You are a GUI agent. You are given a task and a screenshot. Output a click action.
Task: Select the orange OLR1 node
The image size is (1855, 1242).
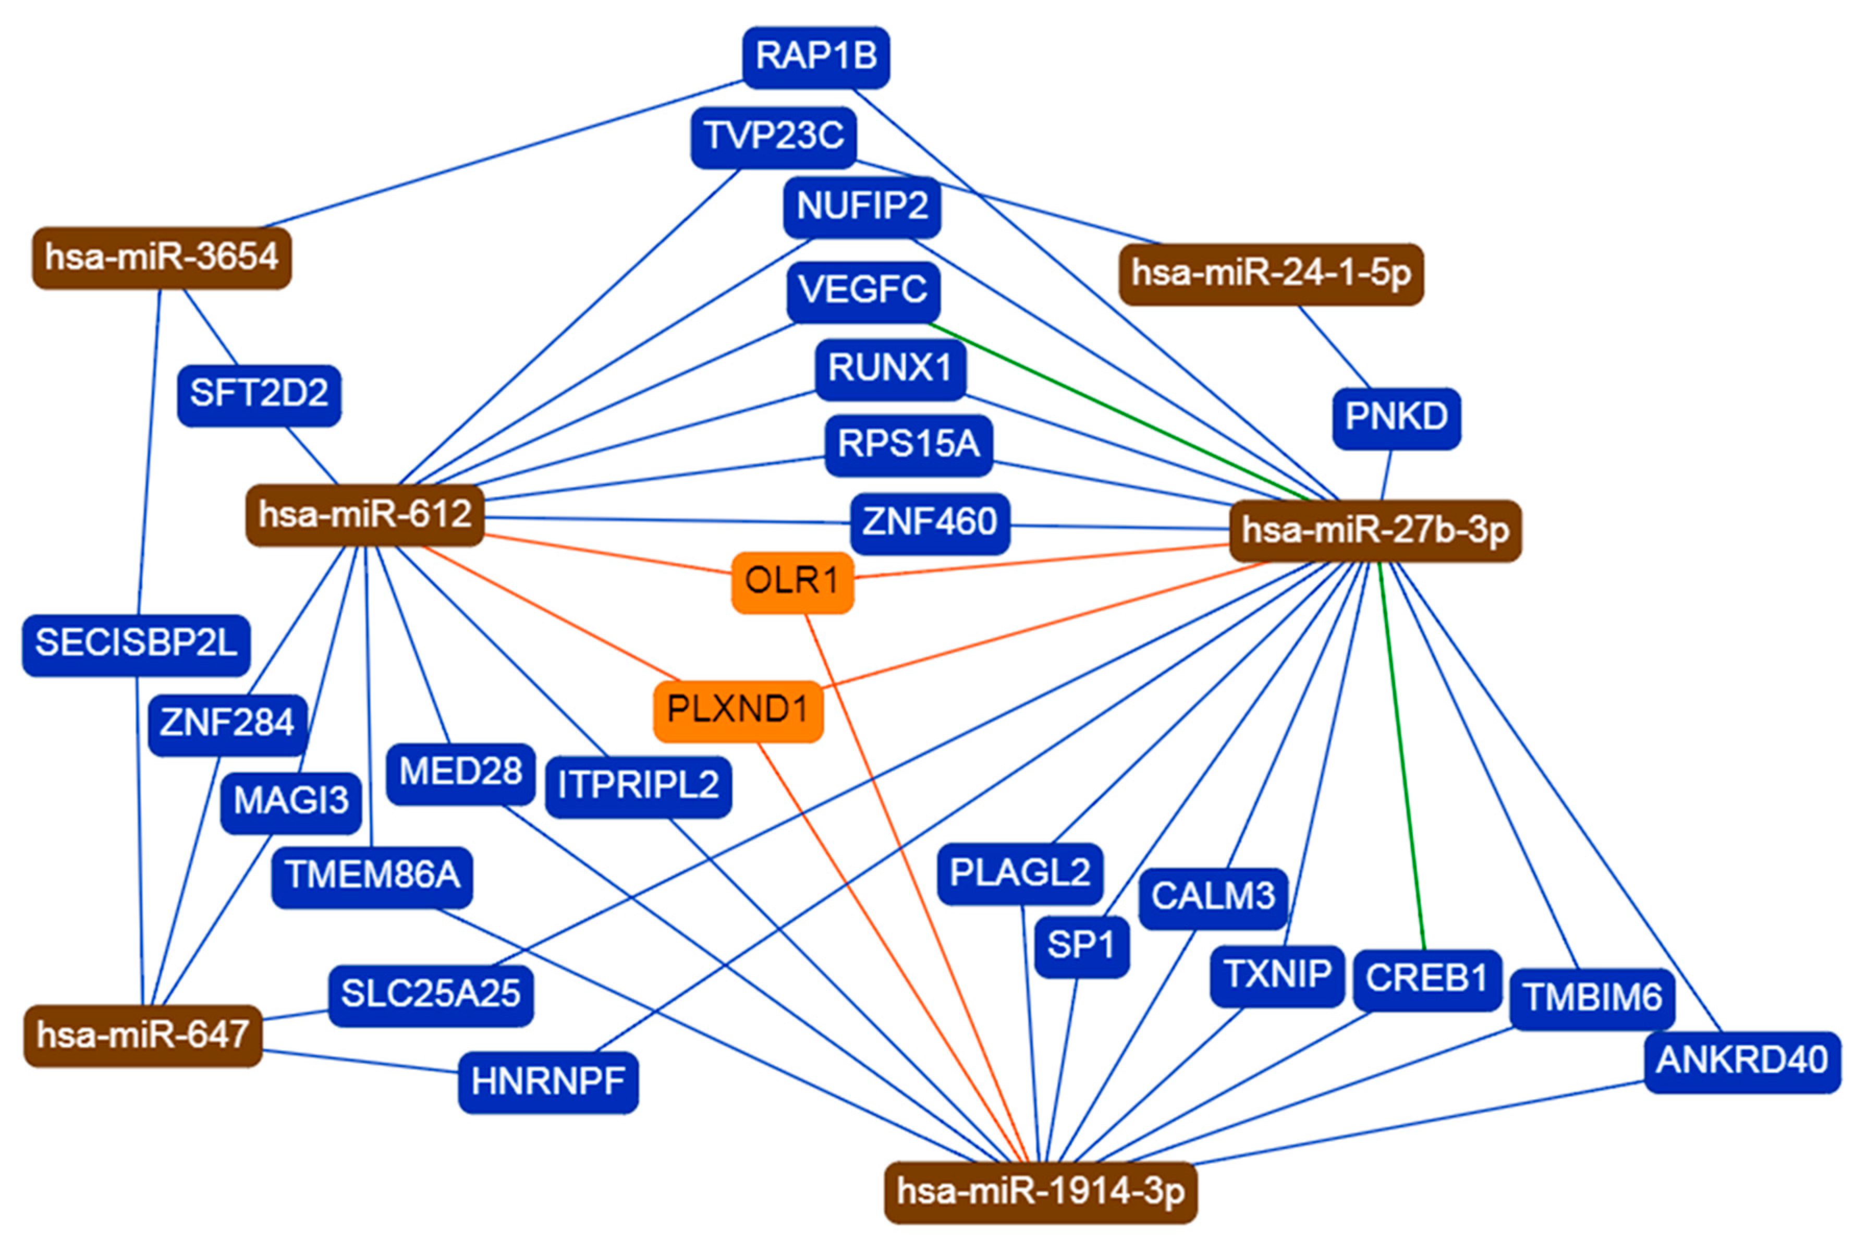click(x=791, y=582)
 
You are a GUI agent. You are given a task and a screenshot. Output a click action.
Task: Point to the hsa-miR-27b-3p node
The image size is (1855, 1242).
click(x=1374, y=531)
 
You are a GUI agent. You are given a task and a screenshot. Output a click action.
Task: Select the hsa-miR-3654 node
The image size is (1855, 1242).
click(x=162, y=258)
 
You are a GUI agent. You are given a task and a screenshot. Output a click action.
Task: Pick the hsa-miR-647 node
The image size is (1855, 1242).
click(x=142, y=1036)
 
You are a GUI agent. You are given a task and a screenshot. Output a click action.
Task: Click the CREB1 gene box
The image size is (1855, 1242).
click(x=1426, y=979)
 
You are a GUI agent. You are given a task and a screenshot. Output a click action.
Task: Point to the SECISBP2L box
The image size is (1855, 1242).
click(x=136, y=644)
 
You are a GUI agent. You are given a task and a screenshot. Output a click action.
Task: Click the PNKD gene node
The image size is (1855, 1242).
click(x=1396, y=418)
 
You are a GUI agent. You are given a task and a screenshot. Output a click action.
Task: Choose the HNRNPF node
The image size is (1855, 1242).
click(x=548, y=1082)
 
